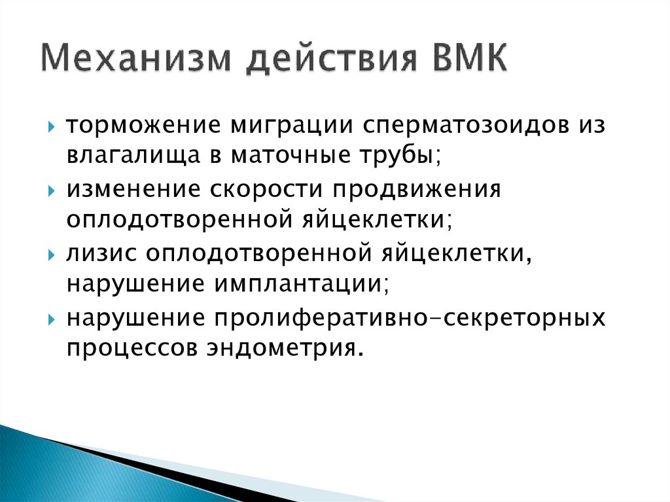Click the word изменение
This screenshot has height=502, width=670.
click(133, 189)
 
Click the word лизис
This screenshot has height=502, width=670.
click(97, 254)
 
